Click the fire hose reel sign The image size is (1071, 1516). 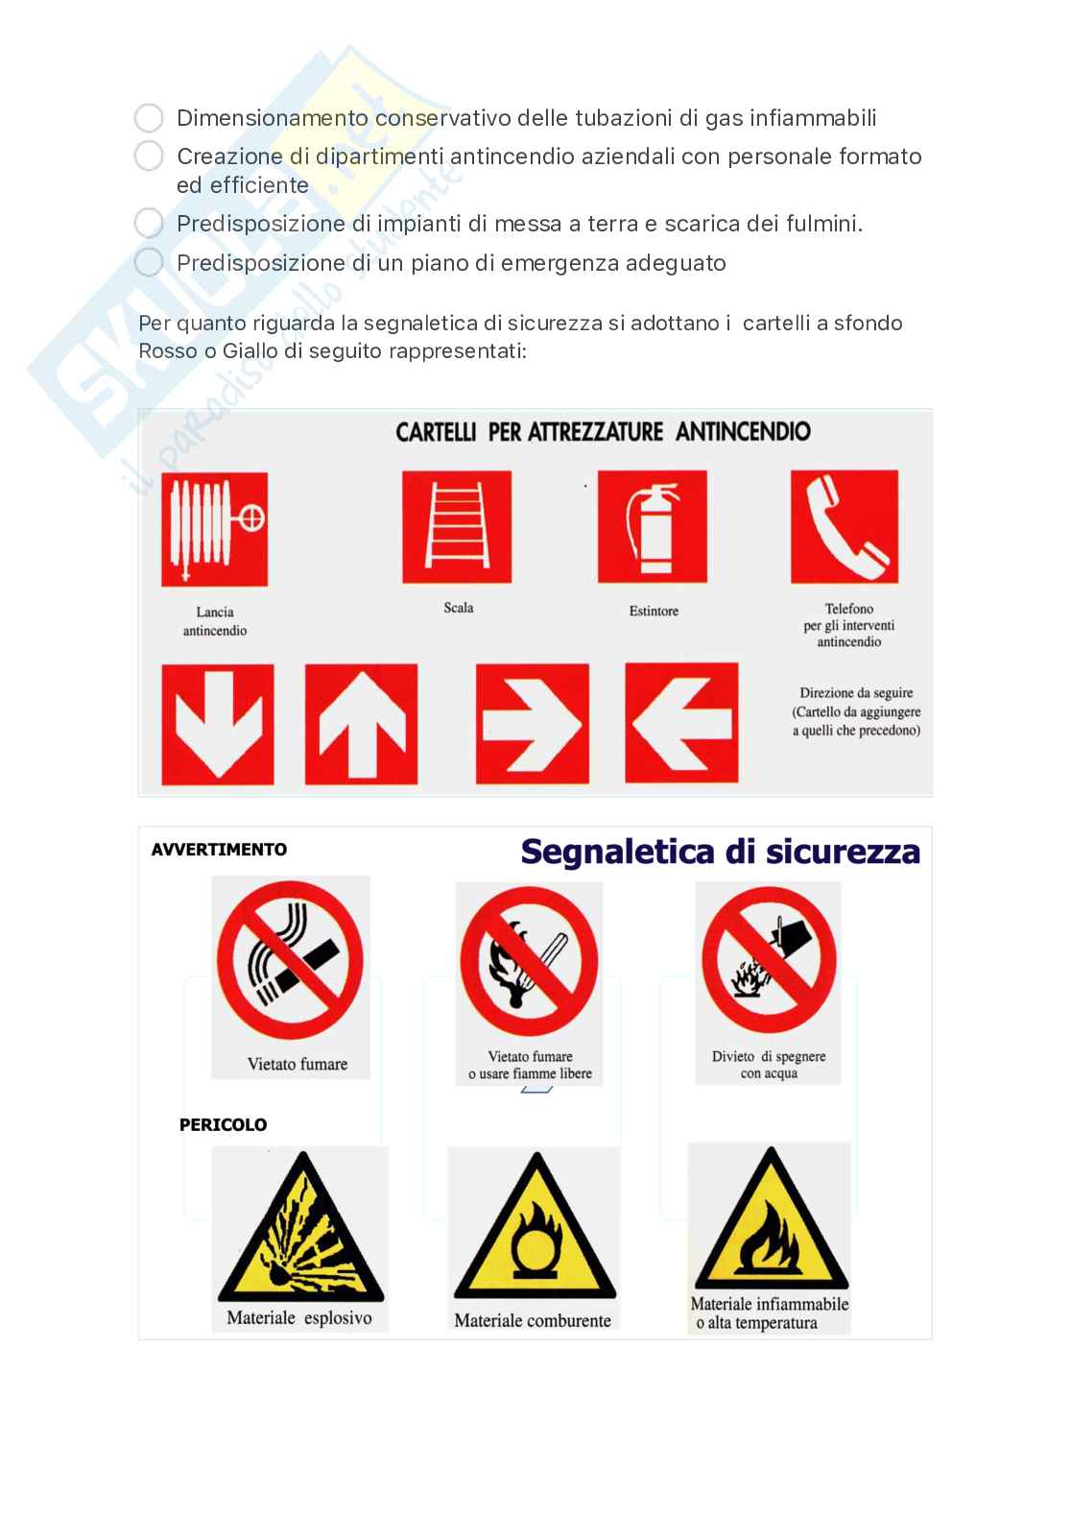(x=214, y=529)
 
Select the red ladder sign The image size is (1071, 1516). (x=457, y=526)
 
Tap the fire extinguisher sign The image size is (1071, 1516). (x=653, y=526)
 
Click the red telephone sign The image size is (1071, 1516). (x=845, y=526)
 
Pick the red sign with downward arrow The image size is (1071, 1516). (x=218, y=724)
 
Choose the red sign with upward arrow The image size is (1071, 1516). (x=361, y=724)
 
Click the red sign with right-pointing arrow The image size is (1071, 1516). (x=533, y=724)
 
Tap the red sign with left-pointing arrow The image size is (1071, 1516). (x=681, y=723)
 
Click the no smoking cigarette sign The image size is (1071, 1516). (x=290, y=960)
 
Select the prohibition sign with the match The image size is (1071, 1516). (x=529, y=961)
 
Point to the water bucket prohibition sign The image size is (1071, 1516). (x=769, y=960)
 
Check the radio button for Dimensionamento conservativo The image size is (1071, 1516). (x=149, y=118)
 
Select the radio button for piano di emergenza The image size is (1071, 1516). (x=149, y=262)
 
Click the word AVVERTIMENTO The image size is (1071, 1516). (x=219, y=850)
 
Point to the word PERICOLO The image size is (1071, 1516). (x=224, y=1125)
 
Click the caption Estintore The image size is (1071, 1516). (x=654, y=611)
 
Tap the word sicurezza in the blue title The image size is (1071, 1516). (x=843, y=852)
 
